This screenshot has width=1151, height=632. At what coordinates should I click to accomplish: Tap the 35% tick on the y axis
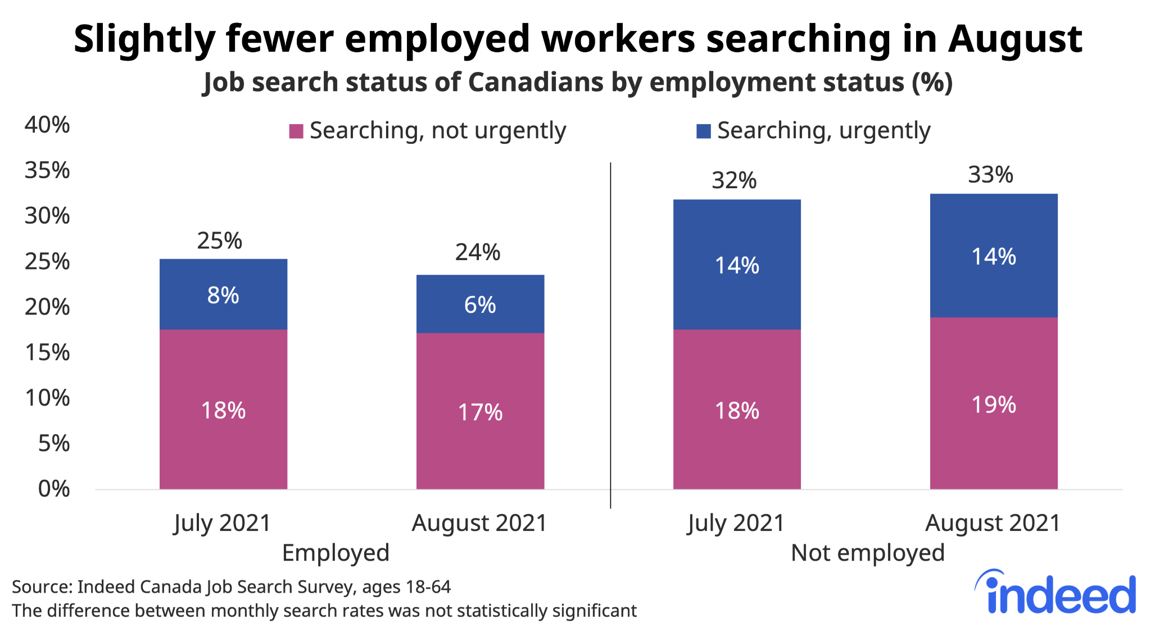point(47,170)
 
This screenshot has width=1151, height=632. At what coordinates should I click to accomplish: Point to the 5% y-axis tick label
point(54,443)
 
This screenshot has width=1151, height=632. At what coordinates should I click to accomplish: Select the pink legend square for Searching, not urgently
point(296,131)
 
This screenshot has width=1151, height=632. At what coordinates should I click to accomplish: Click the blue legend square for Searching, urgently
point(703,131)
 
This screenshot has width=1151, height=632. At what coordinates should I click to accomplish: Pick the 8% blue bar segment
point(223,294)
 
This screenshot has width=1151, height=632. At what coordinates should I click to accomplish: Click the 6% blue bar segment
point(480,304)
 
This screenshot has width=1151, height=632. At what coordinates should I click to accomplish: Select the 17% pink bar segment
point(480,411)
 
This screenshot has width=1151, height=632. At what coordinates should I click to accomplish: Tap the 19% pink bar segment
point(994,403)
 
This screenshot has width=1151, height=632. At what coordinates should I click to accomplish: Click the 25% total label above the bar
point(219,241)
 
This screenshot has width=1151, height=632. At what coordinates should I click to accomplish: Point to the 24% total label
point(477,252)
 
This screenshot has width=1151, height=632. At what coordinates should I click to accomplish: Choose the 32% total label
point(734,181)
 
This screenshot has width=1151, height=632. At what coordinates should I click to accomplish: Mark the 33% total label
point(990,175)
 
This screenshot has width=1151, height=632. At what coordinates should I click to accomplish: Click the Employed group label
point(336,553)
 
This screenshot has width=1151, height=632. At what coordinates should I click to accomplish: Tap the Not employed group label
point(867,553)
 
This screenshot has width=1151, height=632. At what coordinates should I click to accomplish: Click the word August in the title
point(1014,39)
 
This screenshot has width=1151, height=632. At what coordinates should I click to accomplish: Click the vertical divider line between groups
point(610,337)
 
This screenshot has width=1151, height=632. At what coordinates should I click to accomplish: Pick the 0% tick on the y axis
point(54,489)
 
